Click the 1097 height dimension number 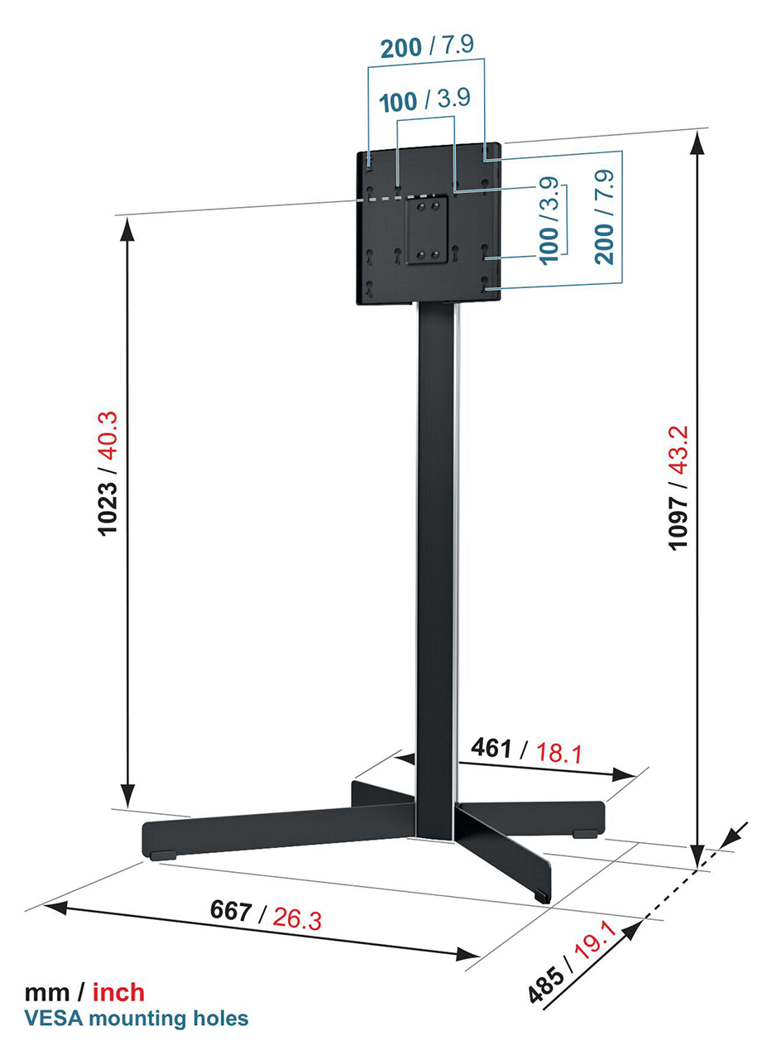click(x=678, y=522)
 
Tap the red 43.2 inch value click(x=678, y=450)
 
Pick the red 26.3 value click(x=297, y=919)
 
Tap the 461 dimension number click(x=491, y=748)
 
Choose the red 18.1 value click(x=559, y=753)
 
